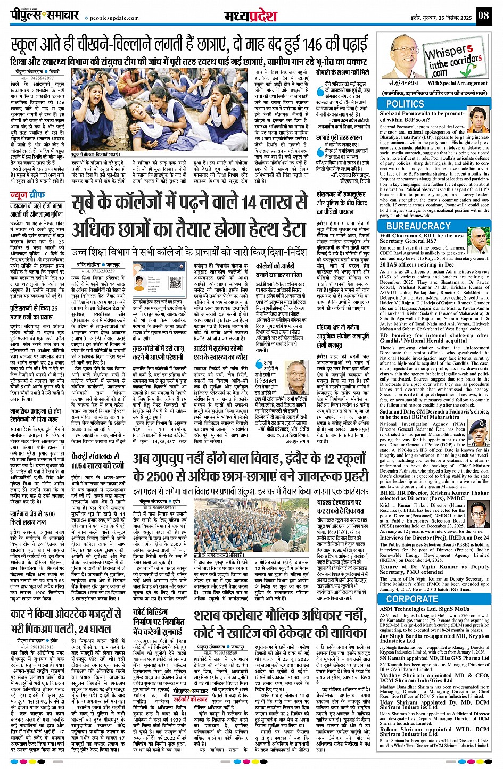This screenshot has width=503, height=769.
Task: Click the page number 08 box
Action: (x=483, y=15)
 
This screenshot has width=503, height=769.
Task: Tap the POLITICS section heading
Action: (x=405, y=104)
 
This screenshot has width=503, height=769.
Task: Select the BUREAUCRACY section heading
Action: (x=418, y=226)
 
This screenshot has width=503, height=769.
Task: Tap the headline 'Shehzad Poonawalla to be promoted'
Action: (x=430, y=117)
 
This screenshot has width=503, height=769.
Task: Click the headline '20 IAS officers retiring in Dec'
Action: (x=417, y=264)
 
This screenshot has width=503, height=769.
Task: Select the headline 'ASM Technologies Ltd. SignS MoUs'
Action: (x=425, y=609)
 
